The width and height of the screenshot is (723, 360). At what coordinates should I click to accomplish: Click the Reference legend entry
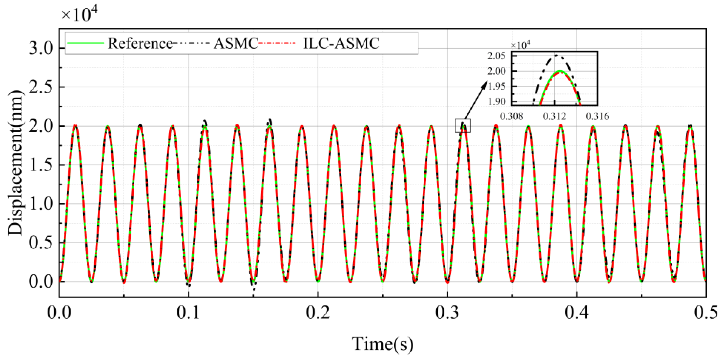140,43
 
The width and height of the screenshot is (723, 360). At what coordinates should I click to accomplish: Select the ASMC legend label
236,43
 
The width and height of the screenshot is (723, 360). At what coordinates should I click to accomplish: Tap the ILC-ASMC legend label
341,43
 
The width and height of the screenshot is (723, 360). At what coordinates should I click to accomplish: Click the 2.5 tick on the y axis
41,87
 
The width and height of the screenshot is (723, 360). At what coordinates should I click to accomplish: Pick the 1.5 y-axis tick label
41,165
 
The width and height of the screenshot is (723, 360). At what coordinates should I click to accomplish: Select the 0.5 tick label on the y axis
41,243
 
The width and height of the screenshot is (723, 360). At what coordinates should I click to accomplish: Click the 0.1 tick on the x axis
188,312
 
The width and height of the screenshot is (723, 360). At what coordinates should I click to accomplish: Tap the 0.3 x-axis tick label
447,312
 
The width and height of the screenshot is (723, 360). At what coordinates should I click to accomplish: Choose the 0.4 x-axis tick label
577,312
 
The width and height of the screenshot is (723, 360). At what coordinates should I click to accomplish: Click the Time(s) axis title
383,344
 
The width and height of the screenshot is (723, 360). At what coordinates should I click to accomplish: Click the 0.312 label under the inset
554,116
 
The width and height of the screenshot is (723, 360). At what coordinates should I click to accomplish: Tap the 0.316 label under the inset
597,116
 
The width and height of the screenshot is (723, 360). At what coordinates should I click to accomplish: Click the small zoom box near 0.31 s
463,125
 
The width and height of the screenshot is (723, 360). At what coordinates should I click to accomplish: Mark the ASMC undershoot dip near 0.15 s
254,288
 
